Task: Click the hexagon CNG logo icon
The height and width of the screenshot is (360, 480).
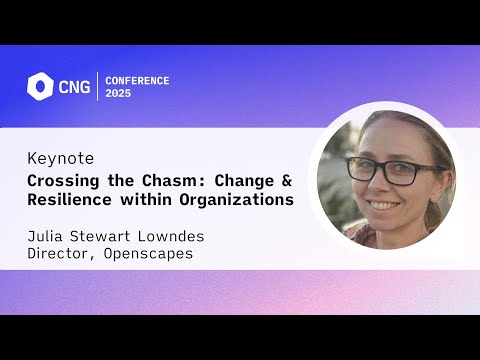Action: pos(40,86)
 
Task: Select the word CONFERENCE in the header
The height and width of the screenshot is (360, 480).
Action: pos(137,80)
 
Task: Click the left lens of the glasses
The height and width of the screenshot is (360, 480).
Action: pos(366,169)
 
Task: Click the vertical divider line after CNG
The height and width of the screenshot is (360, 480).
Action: pos(97,87)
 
